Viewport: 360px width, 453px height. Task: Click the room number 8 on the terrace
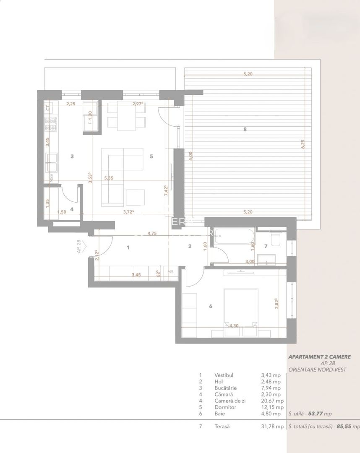tap(245, 130)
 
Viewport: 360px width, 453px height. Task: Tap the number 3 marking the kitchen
tap(72, 156)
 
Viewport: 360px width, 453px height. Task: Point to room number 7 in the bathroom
tap(266, 246)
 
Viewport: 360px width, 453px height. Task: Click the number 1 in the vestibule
tap(128, 247)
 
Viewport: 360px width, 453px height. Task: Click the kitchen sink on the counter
tap(52, 159)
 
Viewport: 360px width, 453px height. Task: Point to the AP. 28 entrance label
tap(79, 247)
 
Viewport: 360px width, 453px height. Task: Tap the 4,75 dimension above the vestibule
tap(151, 234)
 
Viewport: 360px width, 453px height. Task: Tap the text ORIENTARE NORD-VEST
tap(317, 370)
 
